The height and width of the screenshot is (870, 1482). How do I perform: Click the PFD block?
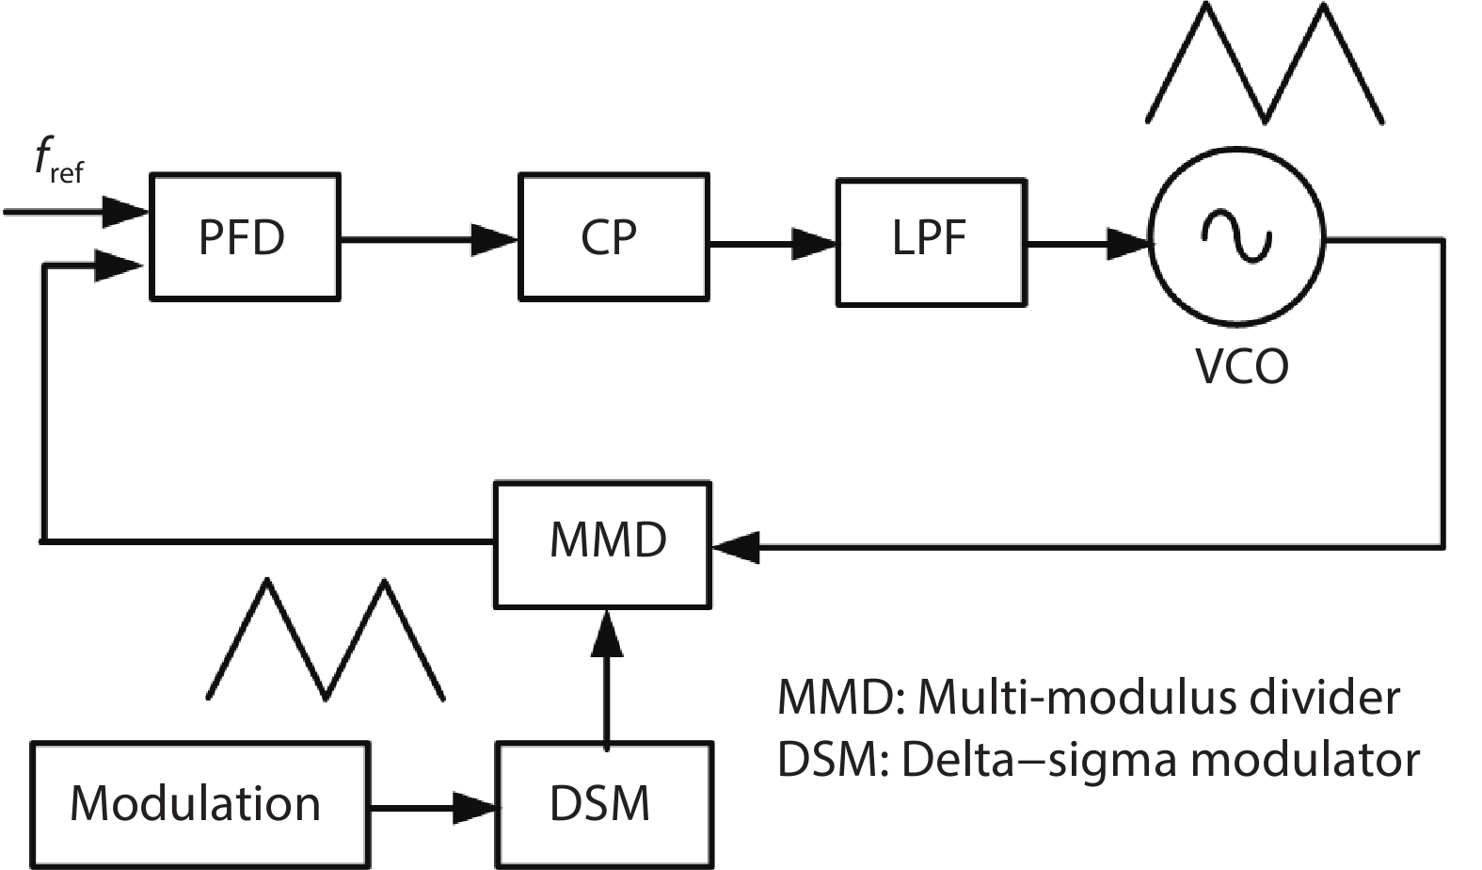point(244,236)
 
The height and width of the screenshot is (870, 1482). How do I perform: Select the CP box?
point(613,236)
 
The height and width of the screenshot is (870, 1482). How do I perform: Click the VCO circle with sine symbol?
point(1235,235)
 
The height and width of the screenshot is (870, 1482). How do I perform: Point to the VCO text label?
point(1241,366)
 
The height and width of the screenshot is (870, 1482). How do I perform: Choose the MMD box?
point(603,543)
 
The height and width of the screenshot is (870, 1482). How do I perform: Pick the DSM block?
point(603,805)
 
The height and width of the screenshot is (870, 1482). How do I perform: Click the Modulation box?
point(199,805)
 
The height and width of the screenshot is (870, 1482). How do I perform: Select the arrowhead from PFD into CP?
point(494,240)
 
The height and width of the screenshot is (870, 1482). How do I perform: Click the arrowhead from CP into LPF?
point(813,244)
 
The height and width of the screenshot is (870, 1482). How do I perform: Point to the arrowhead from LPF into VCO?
point(1126,244)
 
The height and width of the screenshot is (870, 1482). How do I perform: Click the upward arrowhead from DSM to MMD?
point(605,633)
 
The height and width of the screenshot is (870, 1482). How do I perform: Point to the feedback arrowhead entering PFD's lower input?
point(120,266)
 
